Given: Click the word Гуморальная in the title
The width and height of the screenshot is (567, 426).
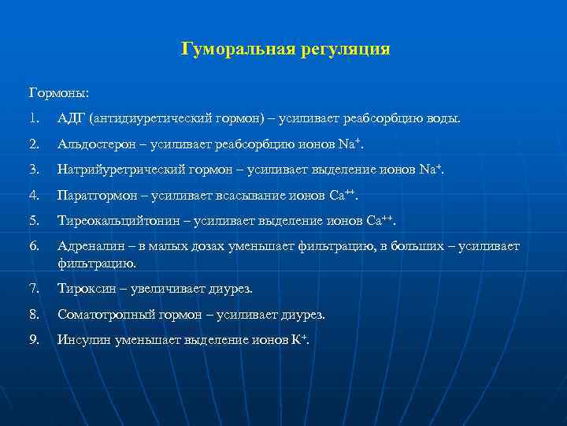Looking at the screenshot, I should tap(237, 50).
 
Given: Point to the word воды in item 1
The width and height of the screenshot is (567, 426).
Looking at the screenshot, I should tap(442, 118).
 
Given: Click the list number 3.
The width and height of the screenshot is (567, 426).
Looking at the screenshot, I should tap(33, 170).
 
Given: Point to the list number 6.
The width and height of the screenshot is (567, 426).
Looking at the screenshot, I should tap(33, 246).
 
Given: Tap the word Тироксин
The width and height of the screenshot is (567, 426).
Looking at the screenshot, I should tap(84, 289).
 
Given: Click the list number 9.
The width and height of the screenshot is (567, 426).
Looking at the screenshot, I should tap(33, 340).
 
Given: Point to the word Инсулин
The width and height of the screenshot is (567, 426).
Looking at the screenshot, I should tap(83, 340).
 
